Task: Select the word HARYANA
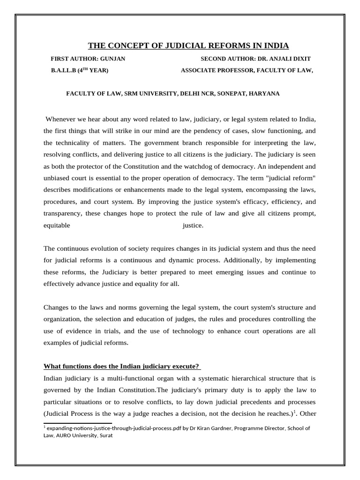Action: (263, 93)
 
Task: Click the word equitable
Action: (57, 225)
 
